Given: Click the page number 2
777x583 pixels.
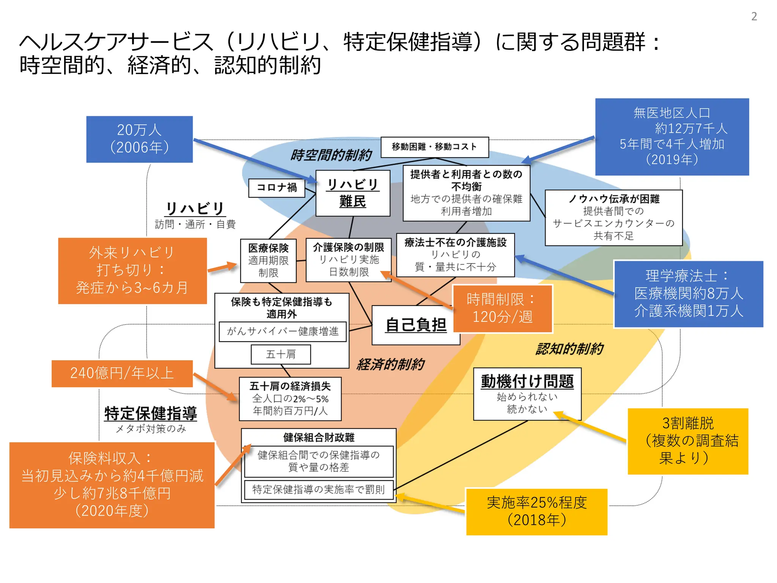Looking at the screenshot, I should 754,16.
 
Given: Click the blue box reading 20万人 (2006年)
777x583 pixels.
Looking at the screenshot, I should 139,139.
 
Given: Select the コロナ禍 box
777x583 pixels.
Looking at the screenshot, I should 277,188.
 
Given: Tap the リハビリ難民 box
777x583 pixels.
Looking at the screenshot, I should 352,193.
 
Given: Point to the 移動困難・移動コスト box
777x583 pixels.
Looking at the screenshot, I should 434,147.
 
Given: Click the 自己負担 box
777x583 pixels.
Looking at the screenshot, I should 415,325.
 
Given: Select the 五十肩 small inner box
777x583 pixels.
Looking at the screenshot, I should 281,354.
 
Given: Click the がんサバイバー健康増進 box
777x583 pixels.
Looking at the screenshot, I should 283,331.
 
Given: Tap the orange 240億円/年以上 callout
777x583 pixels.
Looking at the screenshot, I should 122,373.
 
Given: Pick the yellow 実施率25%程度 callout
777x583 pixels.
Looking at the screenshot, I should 536,511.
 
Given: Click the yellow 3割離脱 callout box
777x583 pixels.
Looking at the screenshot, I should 687,441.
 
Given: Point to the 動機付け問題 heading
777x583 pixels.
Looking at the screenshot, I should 527,381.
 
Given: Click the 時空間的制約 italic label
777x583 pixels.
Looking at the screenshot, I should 331,155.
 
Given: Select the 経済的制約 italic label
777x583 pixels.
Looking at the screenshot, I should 390,364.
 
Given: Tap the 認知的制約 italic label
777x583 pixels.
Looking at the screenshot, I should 569,349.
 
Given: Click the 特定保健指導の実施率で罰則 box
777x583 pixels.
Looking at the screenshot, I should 318,490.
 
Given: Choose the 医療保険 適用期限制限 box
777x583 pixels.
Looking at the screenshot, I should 268,260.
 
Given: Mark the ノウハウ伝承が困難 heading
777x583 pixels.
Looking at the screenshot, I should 613,199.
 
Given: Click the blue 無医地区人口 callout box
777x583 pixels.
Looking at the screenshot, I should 672,137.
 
